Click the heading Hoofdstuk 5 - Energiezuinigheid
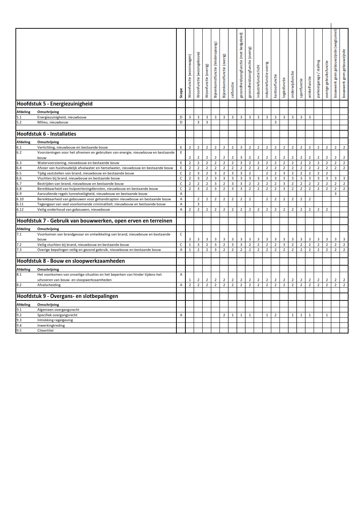pyautogui.click(x=55, y=104)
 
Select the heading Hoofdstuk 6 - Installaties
pyautogui.click(x=46, y=134)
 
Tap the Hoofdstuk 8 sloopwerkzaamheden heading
pyautogui.click(x=71, y=261)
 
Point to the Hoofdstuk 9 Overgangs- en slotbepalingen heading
pyautogui.click(x=68, y=296)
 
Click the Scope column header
pyautogui.click(x=181, y=93)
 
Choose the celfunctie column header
pyautogui.click(x=233, y=89)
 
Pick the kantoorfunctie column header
pyautogui.click(x=276, y=86)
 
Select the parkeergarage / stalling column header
pyautogui.click(x=318, y=79)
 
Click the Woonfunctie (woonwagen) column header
pyautogui.click(x=190, y=76)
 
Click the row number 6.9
pyautogui.click(x=19, y=194)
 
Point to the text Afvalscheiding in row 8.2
pyautogui.click(x=49, y=285)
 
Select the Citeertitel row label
pyautogui.click(x=45, y=331)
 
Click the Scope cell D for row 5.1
pyautogui.click(x=181, y=117)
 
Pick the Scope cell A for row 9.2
pyautogui.click(x=181, y=315)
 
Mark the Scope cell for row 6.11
pyautogui.click(x=181, y=204)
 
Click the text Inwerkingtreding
pyautogui.click(x=51, y=326)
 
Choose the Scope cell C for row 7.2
pyautogui.click(x=181, y=245)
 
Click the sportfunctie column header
pyautogui.click(x=301, y=88)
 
